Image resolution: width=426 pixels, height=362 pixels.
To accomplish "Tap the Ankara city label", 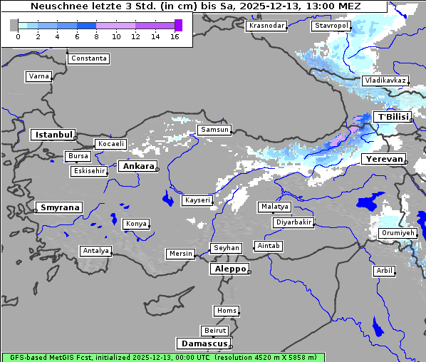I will tap(137, 166).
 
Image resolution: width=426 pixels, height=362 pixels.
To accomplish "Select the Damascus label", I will tap(204, 343).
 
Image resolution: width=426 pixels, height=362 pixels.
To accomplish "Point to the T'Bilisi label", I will tap(393, 117).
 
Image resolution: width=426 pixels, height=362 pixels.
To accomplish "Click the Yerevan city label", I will tap(383, 159).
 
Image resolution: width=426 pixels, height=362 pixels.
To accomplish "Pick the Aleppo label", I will tap(229, 269).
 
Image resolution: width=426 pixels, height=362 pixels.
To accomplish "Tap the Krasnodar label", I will tap(266, 26).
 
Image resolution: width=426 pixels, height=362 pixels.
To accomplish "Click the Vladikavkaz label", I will tap(385, 81).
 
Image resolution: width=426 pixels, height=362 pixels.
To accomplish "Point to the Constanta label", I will tap(89, 58).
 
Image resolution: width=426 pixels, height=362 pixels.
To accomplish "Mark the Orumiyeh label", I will tap(397, 233).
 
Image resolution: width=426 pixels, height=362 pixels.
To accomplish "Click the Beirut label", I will tap(214, 331).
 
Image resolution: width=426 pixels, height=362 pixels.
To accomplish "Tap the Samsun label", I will tap(214, 130).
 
